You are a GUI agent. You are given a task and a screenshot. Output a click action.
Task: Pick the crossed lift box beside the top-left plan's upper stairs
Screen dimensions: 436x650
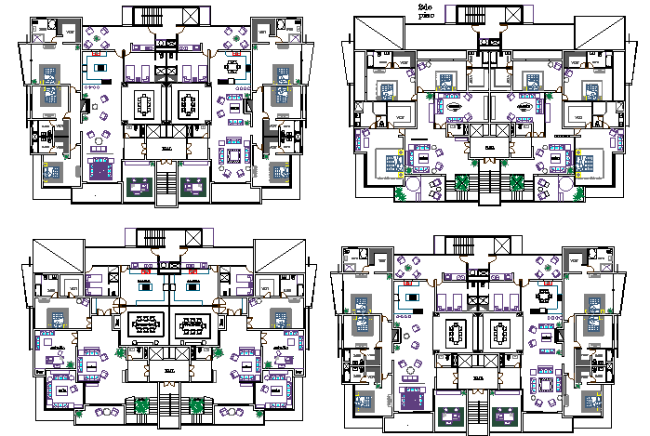(188, 16)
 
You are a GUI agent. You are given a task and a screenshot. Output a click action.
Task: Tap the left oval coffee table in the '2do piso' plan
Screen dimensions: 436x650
(456, 108)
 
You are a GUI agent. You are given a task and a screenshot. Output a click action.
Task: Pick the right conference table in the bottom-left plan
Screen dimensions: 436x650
(192, 325)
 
